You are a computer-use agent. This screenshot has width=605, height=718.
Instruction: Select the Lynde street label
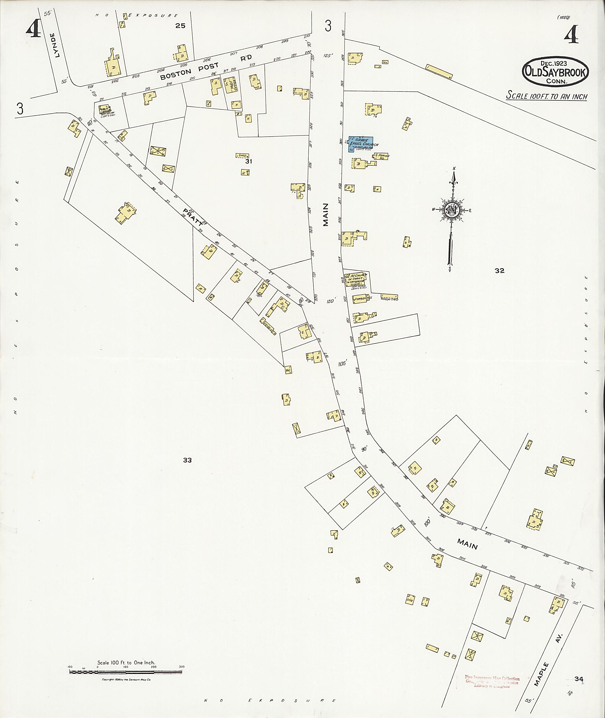tap(55, 45)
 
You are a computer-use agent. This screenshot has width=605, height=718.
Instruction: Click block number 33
tap(187, 460)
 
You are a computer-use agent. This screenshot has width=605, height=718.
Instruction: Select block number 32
tap(499, 270)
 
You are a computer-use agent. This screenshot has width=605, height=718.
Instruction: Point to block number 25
tap(180, 25)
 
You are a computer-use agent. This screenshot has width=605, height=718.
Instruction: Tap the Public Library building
tap(104, 110)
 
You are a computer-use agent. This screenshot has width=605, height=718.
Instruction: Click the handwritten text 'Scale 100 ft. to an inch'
tap(546, 96)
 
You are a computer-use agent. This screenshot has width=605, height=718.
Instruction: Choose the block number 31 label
tap(248, 161)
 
